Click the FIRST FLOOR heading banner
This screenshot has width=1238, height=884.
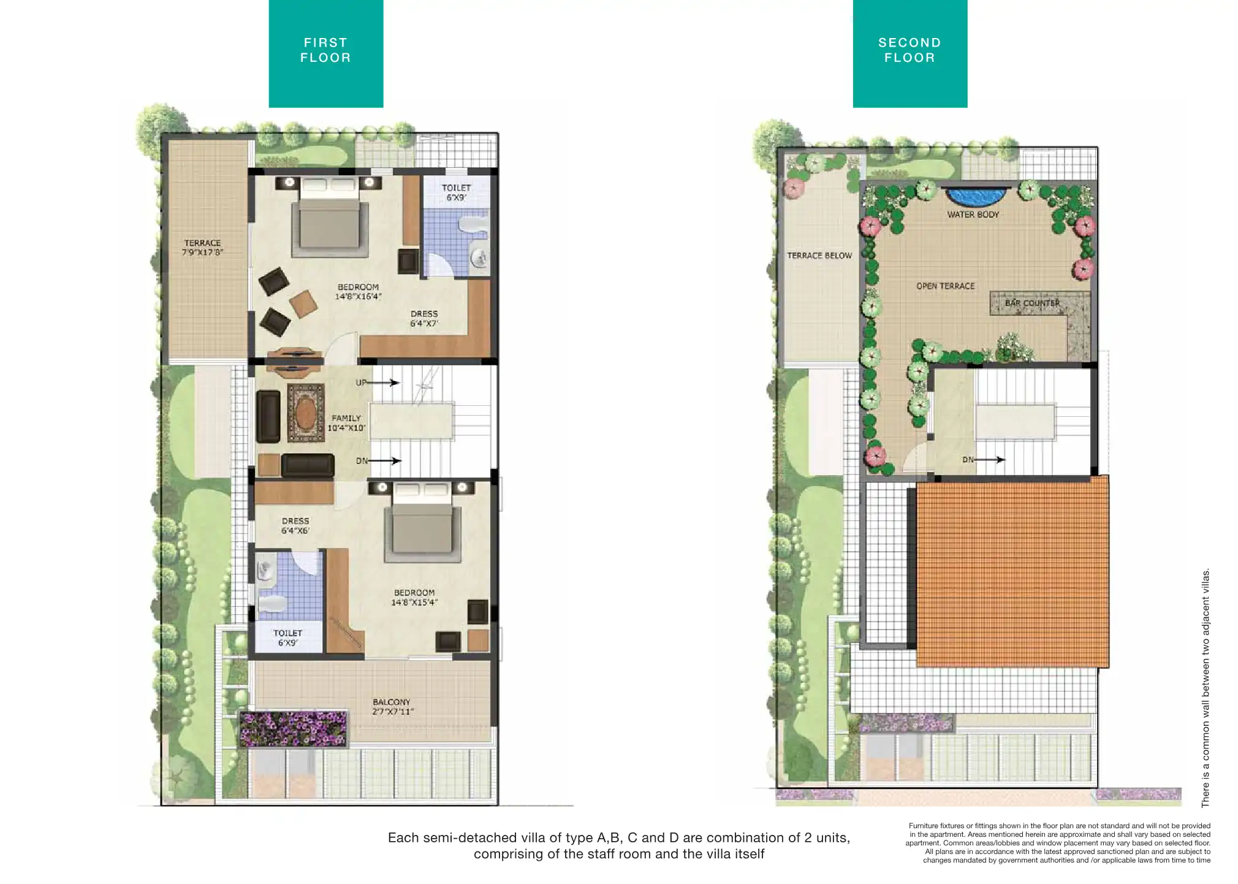pos(325,53)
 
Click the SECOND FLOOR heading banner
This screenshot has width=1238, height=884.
pos(910,53)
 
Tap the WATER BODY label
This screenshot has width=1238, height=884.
pos(973,215)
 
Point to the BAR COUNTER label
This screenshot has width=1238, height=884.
pos(1032,303)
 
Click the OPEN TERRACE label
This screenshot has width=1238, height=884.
pos(945,286)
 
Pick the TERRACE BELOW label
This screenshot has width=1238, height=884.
pos(819,256)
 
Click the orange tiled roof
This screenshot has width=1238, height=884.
pos(1012,571)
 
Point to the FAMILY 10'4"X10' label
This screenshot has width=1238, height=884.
pos(346,423)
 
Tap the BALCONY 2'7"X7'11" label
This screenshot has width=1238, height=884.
pos(392,707)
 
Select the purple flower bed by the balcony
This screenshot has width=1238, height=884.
pos(293,729)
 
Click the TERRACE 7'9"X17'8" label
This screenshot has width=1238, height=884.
pos(202,248)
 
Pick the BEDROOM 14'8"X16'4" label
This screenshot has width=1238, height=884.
pos(358,292)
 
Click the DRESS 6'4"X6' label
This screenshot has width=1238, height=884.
pos(295,526)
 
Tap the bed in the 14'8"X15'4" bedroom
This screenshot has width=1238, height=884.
pos(423,522)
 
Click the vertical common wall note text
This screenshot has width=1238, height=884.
pos(1206,688)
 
